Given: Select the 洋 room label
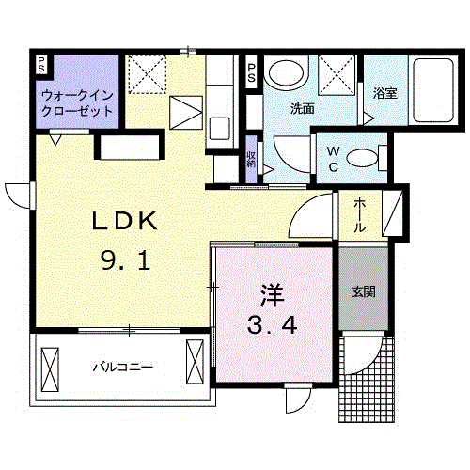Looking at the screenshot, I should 273,292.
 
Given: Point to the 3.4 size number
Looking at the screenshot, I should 273,327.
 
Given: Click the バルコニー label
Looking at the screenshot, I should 122,366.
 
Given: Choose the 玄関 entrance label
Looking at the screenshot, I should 364,291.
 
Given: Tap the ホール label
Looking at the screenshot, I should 360,215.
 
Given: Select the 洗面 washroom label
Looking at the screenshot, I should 302,108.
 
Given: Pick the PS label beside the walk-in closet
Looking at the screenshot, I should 41,65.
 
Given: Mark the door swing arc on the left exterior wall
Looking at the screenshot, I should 19,193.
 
